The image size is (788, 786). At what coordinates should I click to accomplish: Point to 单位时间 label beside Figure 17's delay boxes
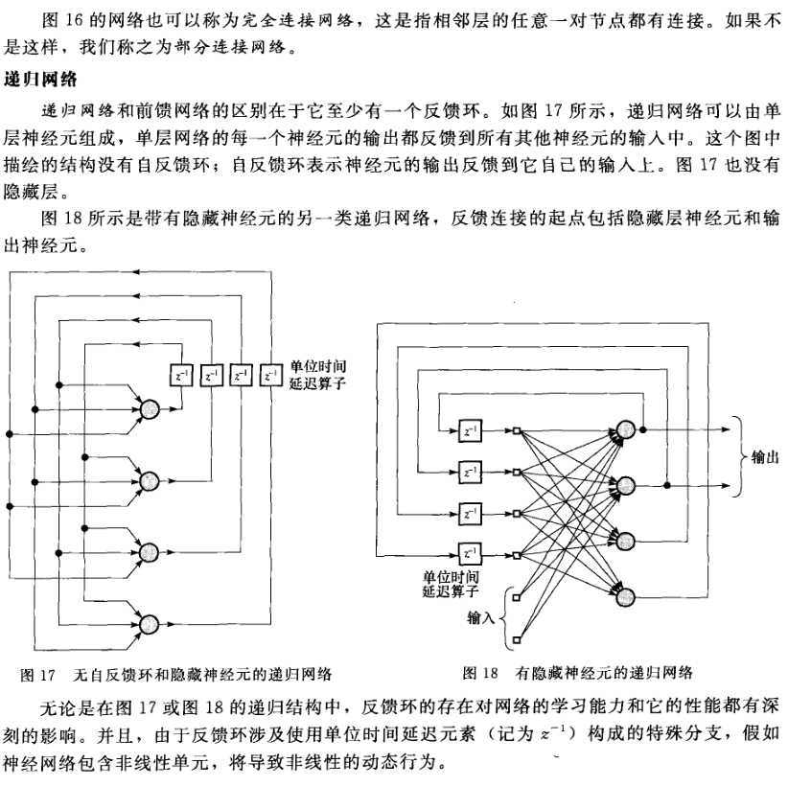pos(316,368)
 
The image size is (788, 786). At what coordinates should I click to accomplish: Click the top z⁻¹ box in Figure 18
pos(470,430)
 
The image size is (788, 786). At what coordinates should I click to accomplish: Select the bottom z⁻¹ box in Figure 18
pos(470,552)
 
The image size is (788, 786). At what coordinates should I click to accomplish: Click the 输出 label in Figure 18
pos(764,459)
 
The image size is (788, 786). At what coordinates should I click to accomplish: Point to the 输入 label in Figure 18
pos(480,614)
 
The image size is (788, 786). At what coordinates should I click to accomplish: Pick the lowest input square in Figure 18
pos(518,637)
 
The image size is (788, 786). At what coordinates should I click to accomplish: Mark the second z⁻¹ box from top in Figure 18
pos(470,472)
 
